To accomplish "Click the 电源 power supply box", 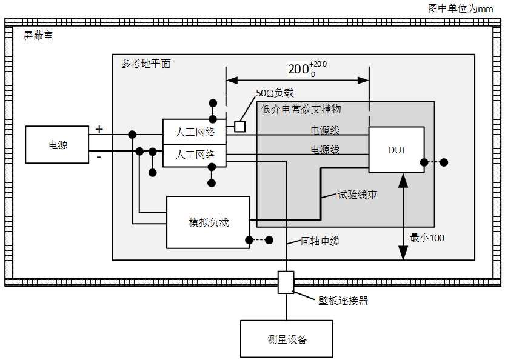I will pos(58,145).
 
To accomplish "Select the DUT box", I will pos(396,150).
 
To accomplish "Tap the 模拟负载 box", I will pos(208,222).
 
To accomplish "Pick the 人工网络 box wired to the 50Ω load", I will pos(194,132).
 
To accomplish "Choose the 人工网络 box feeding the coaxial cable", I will pos(194,155).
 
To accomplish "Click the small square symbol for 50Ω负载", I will pos(239,126).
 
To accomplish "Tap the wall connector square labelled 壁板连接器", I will pos(286,282).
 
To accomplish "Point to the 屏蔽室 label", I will pos(38,36).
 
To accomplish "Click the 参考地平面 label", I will pos(145,64).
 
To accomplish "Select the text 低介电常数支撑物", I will pos(301,109).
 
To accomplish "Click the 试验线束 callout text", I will pos(358,195).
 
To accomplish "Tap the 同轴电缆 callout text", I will pos(320,241).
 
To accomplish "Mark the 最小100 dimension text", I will pos(427,238).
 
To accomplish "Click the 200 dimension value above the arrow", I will pos(298,69).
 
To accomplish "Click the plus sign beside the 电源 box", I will pos(99,129).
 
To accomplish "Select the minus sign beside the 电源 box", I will pos(99,157).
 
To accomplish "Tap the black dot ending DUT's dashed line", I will pos(444,162).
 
